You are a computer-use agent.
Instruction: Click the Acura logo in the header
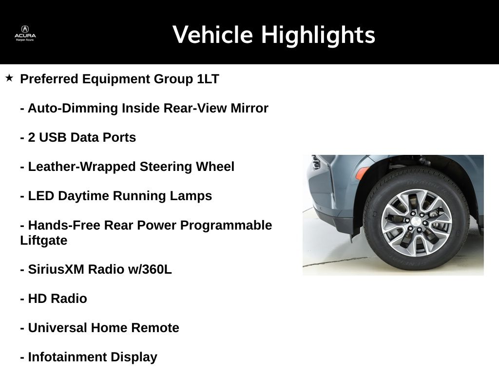click(x=25, y=33)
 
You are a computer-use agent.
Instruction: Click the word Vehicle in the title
click(x=212, y=35)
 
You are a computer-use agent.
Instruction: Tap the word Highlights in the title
click(x=318, y=36)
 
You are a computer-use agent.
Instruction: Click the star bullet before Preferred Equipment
click(x=9, y=78)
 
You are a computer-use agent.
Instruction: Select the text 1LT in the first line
click(x=208, y=79)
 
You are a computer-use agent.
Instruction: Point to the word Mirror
click(x=249, y=108)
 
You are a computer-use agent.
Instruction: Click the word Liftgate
click(x=43, y=241)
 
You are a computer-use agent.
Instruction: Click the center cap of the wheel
click(x=415, y=222)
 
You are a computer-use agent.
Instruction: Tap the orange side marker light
click(x=363, y=173)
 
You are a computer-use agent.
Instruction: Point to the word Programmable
click(x=226, y=225)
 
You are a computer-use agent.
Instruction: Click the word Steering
click(x=166, y=167)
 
